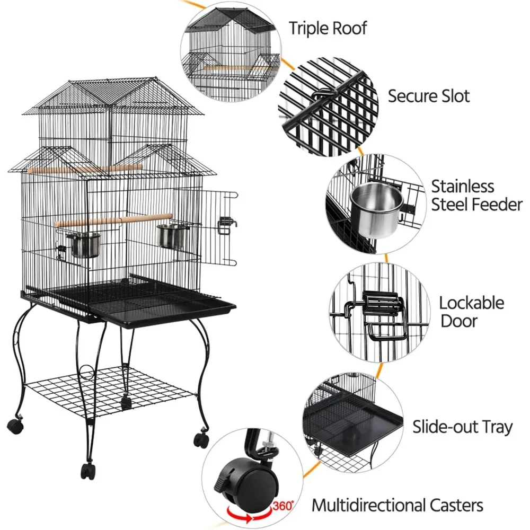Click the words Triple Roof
[x=328, y=29]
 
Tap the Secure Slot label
[x=429, y=96]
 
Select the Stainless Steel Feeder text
[x=476, y=196]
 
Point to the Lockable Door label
[x=472, y=312]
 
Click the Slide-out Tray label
[x=462, y=427]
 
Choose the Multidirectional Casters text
[x=397, y=505]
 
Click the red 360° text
[x=282, y=506]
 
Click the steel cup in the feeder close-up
[x=376, y=210]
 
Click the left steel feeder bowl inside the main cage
[x=83, y=245]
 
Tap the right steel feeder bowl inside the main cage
[x=173, y=236]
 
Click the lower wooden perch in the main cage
[x=113, y=220]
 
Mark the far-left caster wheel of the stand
[x=15, y=427]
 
